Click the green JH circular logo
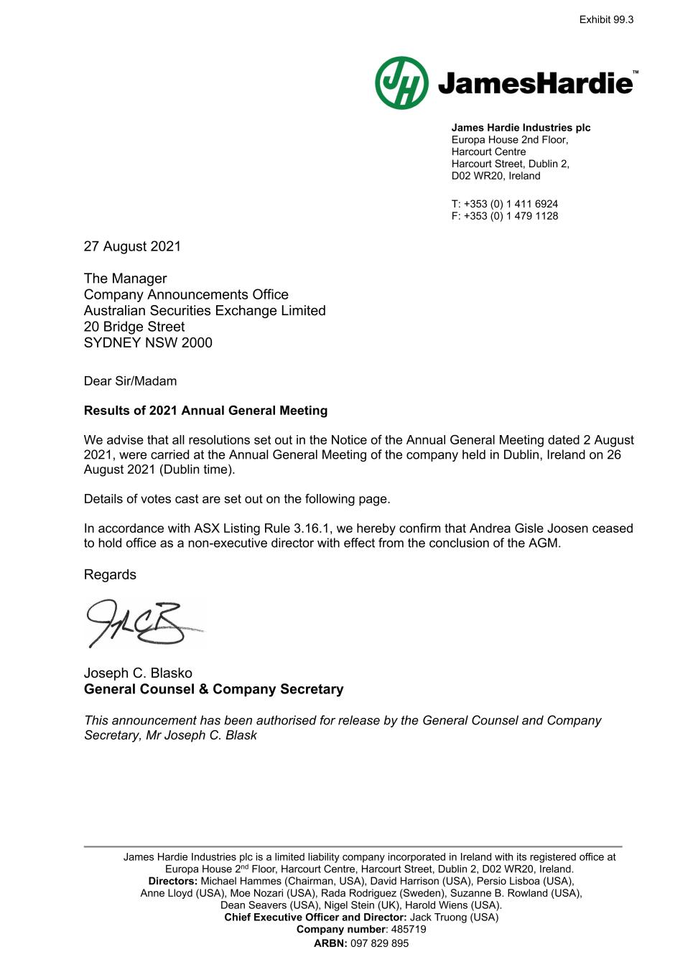tap(401, 83)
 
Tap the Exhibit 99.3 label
tap(606, 20)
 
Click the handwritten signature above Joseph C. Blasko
tap(144, 623)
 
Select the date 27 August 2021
tap(132, 246)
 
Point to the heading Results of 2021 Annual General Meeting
tap(205, 411)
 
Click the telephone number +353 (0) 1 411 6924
tap(511, 204)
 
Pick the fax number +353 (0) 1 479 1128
tap(511, 216)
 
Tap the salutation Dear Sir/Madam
tap(130, 381)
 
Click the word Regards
tap(110, 574)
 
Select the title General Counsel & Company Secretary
tap(213, 689)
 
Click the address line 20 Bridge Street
tap(134, 327)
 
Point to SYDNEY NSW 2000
tap(148, 342)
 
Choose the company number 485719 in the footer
tap(409, 929)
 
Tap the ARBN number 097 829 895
tap(379, 943)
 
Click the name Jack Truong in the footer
tap(435, 917)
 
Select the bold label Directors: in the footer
tap(172, 881)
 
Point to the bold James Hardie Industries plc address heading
tap(521, 128)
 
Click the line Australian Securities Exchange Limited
tap(205, 311)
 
